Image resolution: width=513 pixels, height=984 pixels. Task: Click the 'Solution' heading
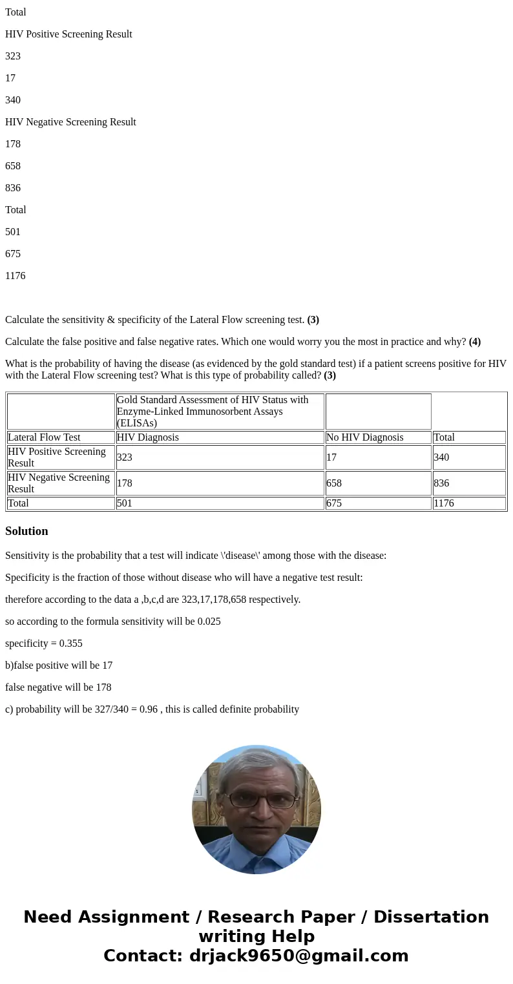[x=26, y=531]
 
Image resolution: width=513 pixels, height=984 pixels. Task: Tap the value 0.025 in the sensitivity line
[x=209, y=622]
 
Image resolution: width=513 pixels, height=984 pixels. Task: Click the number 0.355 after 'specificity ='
[x=70, y=644]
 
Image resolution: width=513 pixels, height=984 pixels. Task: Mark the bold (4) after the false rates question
[x=474, y=342]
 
